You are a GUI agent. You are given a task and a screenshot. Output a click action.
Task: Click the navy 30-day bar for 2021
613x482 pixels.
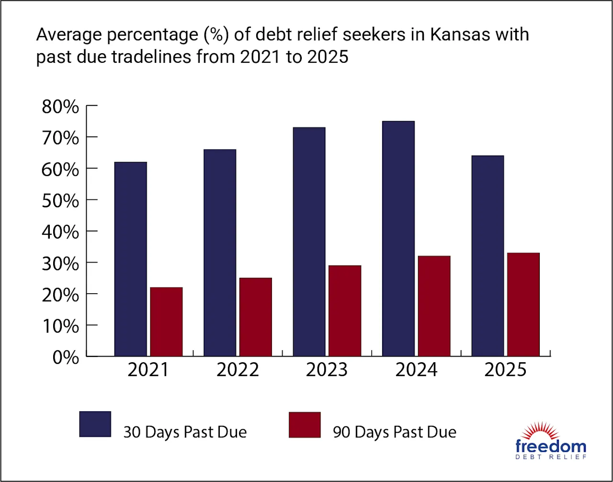(131, 259)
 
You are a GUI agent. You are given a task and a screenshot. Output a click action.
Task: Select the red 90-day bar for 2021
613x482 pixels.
(166, 321)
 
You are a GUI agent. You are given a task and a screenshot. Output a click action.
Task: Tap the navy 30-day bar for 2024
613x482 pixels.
(398, 239)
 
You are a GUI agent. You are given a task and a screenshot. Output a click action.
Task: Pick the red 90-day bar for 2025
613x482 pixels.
(523, 305)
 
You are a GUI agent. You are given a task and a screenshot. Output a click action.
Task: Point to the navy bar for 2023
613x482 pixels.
(309, 242)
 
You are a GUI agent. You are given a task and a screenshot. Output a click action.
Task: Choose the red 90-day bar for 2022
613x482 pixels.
(256, 317)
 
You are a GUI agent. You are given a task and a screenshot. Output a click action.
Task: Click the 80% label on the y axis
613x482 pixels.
(60, 107)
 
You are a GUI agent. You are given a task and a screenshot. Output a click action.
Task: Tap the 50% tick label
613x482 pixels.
(60, 201)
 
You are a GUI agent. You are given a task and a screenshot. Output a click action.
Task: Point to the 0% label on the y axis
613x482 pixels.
(66, 358)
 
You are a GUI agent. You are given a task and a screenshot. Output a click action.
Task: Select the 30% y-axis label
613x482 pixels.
(60, 264)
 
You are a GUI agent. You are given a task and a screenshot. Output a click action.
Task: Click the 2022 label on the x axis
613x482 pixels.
(238, 370)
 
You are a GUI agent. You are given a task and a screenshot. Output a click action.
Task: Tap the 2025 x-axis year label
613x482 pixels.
(505, 370)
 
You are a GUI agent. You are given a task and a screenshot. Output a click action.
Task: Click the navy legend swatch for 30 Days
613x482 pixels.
(95, 424)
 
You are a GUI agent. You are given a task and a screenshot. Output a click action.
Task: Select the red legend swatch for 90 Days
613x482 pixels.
(305, 425)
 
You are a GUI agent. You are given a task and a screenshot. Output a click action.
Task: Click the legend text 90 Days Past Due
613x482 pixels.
(394, 432)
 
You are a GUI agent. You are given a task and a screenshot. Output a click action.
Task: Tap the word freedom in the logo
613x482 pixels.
(551, 447)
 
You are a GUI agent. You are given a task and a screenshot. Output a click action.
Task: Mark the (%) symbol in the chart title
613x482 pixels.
(216, 35)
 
